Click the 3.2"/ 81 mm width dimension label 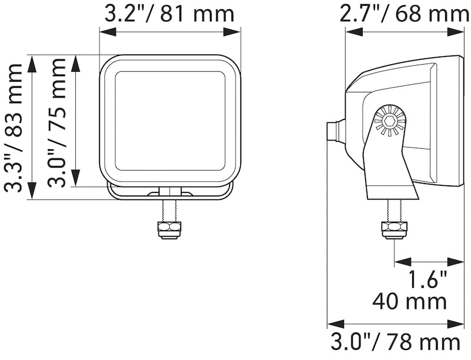[x=169, y=14]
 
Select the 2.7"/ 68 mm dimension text [x=407, y=14]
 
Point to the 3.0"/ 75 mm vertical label [x=58, y=128]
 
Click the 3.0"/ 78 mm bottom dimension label [x=394, y=342]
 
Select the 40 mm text [x=410, y=302]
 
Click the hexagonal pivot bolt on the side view [x=389, y=121]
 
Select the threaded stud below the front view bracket [x=169, y=210]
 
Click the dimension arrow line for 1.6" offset [x=430, y=261]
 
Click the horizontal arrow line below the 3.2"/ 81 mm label [x=170, y=33]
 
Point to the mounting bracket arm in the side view [x=389, y=165]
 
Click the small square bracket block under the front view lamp [x=169, y=191]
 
